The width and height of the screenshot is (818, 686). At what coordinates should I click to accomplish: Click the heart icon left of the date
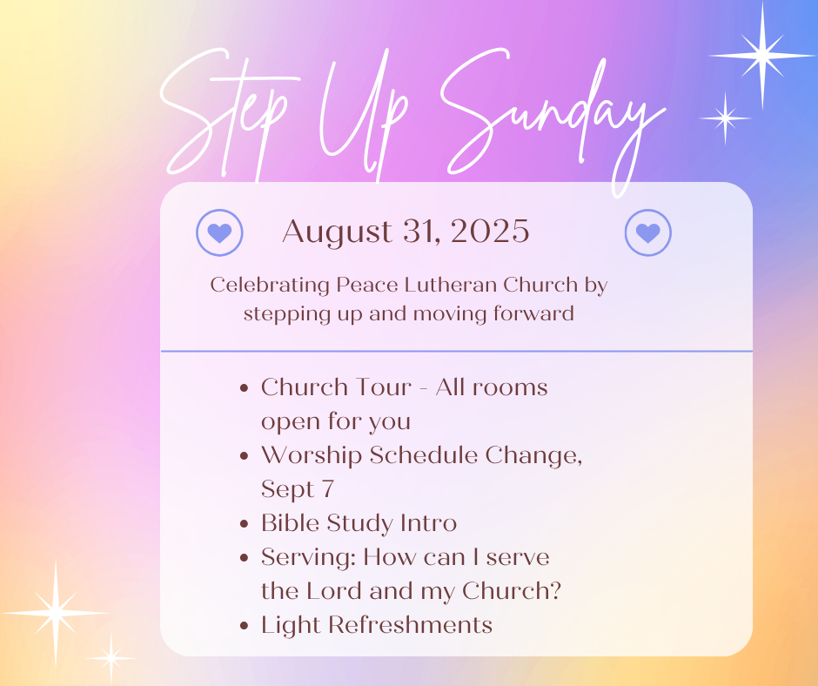tap(219, 232)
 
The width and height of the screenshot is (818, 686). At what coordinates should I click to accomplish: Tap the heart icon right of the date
tap(648, 232)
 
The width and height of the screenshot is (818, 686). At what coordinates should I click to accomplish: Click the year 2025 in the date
tap(490, 232)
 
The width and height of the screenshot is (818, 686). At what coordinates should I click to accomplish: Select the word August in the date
tap(337, 232)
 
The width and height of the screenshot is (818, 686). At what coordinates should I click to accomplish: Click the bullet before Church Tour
tap(244, 388)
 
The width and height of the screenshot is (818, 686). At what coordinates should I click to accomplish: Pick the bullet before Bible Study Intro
tap(244, 524)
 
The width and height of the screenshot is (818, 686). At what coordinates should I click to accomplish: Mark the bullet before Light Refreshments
tap(244, 626)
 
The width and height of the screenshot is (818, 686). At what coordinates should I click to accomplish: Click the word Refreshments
tap(410, 625)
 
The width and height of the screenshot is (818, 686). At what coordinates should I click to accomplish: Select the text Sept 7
tap(298, 490)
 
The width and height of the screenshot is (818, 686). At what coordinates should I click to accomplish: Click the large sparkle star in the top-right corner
tap(762, 55)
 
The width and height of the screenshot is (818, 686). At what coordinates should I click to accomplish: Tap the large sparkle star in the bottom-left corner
tap(56, 613)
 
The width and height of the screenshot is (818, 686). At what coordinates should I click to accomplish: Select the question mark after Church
tap(555, 591)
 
